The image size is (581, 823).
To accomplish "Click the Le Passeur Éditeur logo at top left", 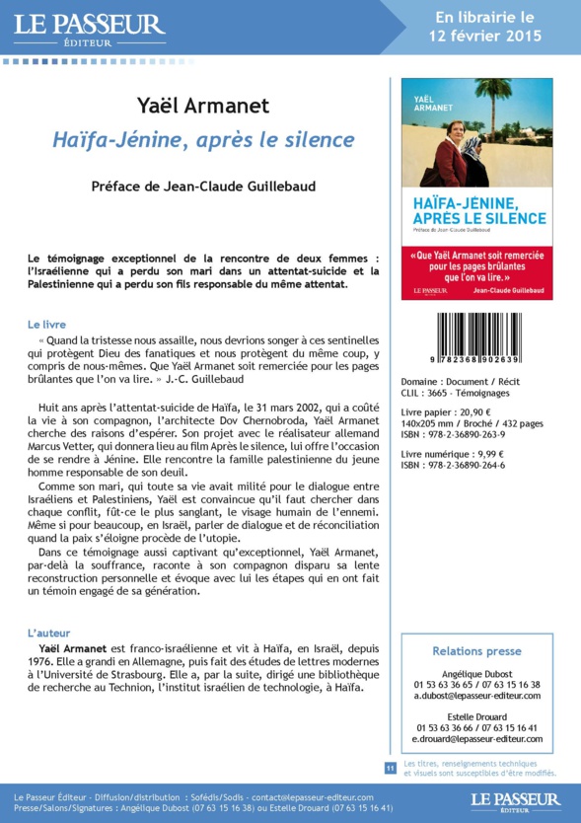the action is coord(89,29).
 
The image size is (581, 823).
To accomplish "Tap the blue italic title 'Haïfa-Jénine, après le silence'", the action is coord(203,140).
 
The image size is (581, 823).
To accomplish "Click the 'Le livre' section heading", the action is coord(47,324).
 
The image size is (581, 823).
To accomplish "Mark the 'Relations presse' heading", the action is coord(477,651).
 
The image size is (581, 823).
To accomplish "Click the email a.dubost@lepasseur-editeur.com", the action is coord(477,696).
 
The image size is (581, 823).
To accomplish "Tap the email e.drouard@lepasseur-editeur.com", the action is coord(477,739).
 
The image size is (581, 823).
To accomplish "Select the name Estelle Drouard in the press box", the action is coord(477,716).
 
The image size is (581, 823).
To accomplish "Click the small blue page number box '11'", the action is coord(391,767).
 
